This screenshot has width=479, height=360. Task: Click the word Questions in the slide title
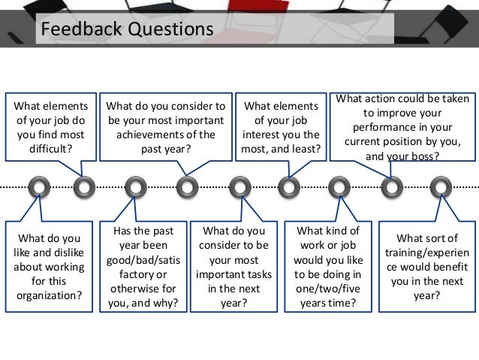[168, 29]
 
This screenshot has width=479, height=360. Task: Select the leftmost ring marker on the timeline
[38, 185]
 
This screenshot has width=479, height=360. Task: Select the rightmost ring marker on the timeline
[440, 185]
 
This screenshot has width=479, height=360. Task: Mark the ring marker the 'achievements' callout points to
[187, 185]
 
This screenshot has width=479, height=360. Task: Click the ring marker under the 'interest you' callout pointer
[288, 185]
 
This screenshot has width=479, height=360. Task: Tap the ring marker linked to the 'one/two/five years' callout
[339, 185]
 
